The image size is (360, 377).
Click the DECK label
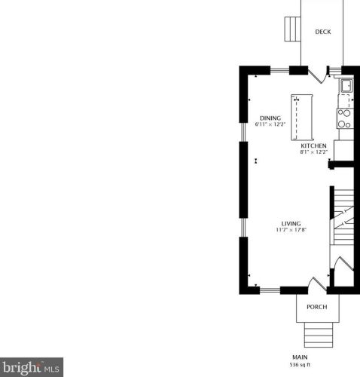click(x=323, y=32)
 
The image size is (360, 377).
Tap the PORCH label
click(x=317, y=307)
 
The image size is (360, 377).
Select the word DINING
click(x=270, y=118)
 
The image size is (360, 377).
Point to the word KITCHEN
click(x=313, y=146)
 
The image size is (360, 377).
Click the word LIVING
click(x=291, y=224)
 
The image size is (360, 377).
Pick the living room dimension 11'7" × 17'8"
click(x=291, y=230)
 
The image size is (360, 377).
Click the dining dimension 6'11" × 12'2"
click(x=270, y=124)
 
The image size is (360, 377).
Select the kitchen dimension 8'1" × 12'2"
click(x=314, y=152)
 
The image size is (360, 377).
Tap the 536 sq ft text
click(x=300, y=365)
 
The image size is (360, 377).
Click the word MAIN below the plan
click(x=300, y=357)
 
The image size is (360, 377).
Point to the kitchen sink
click(x=346, y=85)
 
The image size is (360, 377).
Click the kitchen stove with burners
click(x=345, y=118)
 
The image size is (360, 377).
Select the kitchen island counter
click(x=302, y=117)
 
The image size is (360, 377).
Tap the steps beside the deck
click(x=293, y=29)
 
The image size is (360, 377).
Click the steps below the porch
click(x=319, y=335)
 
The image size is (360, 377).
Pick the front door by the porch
click(x=318, y=284)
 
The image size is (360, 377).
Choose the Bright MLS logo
click(x=32, y=367)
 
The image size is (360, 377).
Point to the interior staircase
click(x=343, y=217)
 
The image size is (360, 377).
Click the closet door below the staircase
click(x=344, y=263)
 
